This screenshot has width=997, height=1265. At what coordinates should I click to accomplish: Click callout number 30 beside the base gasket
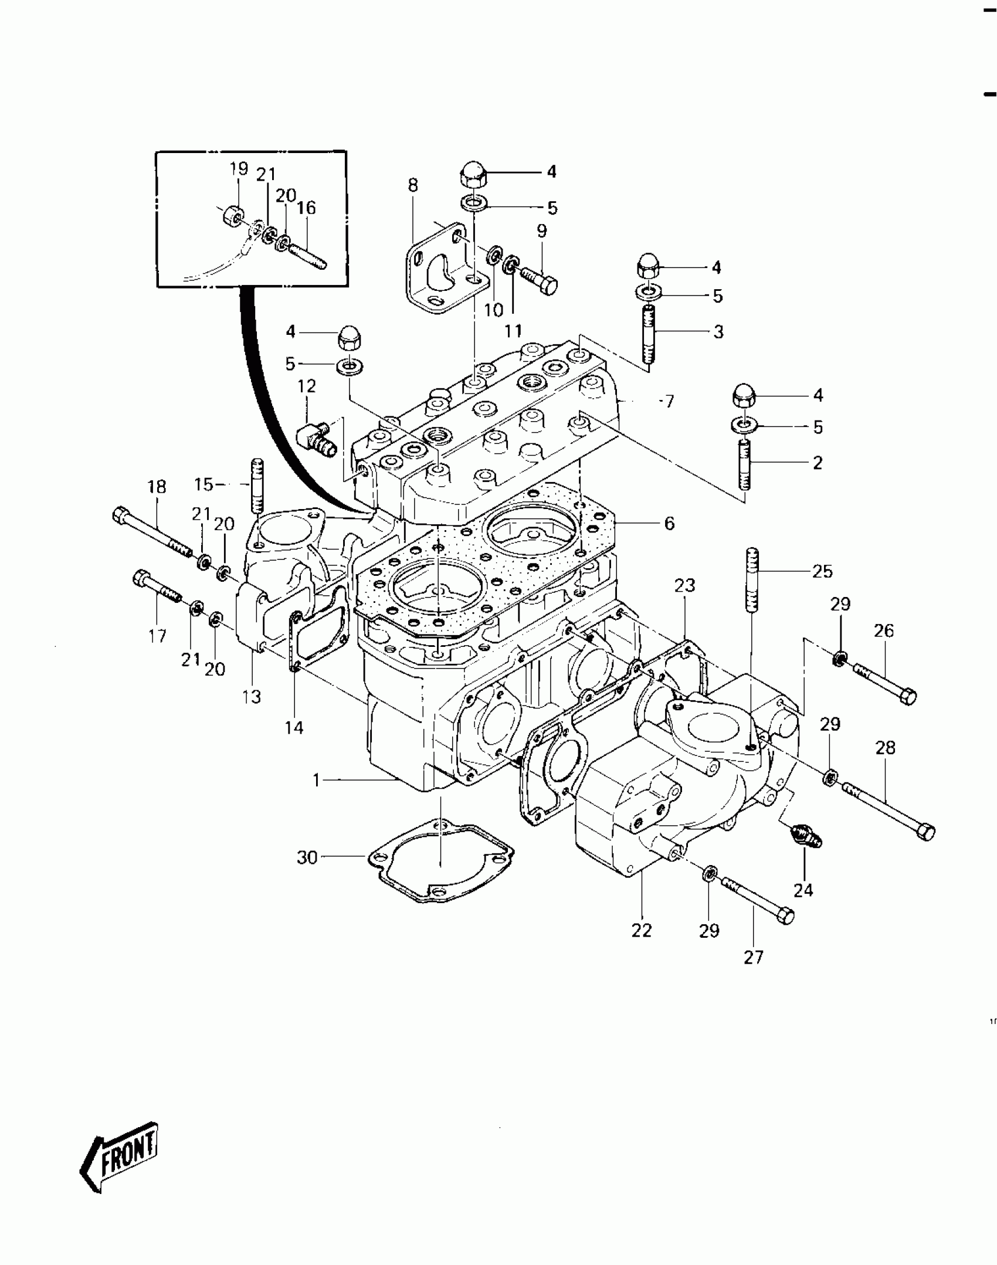[x=307, y=858]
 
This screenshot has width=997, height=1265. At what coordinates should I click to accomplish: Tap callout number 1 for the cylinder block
[x=317, y=780]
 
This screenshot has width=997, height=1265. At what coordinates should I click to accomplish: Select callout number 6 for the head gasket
[x=669, y=523]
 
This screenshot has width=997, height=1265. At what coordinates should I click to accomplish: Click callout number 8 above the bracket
[x=413, y=185]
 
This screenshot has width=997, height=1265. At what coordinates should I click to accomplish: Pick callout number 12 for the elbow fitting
[x=307, y=386]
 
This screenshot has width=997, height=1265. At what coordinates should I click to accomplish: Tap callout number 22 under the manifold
[x=642, y=930]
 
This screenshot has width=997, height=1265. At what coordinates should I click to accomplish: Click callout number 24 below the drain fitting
[x=803, y=890]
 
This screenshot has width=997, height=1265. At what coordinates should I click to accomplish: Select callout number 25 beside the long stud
[x=822, y=571]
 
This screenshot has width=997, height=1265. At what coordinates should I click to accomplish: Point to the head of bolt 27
[x=786, y=915]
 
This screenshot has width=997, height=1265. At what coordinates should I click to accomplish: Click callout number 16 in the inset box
[x=306, y=208]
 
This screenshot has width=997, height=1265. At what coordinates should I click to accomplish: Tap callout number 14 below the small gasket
[x=294, y=727]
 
